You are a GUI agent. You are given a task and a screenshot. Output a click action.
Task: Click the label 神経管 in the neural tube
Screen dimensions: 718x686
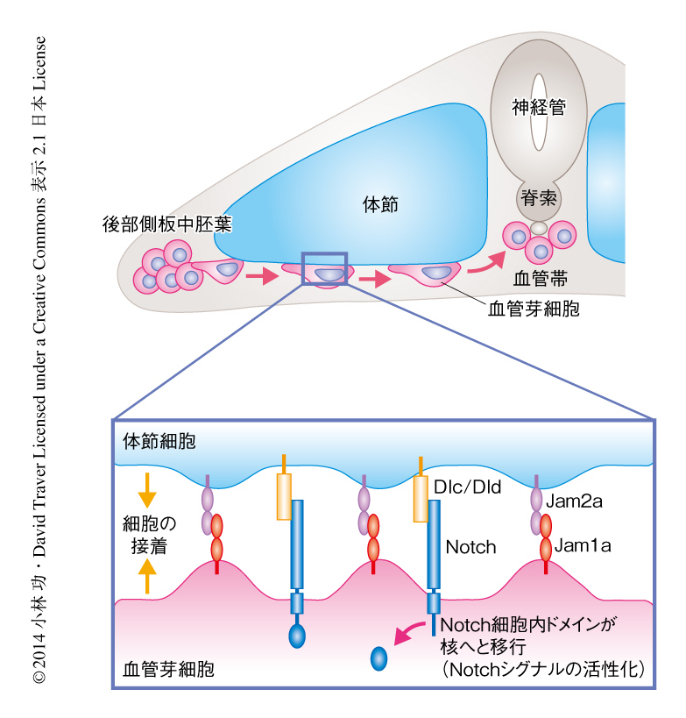538,108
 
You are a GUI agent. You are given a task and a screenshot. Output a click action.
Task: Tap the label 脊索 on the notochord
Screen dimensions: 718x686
538,197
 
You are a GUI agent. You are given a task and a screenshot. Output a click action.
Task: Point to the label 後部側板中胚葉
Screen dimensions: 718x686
166,224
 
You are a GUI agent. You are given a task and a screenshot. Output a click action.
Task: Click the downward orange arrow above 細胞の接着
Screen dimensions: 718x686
147,492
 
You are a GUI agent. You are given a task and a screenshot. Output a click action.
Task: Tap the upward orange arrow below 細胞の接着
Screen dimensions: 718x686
147,578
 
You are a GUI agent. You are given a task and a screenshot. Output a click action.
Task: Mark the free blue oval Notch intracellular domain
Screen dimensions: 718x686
379,658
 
